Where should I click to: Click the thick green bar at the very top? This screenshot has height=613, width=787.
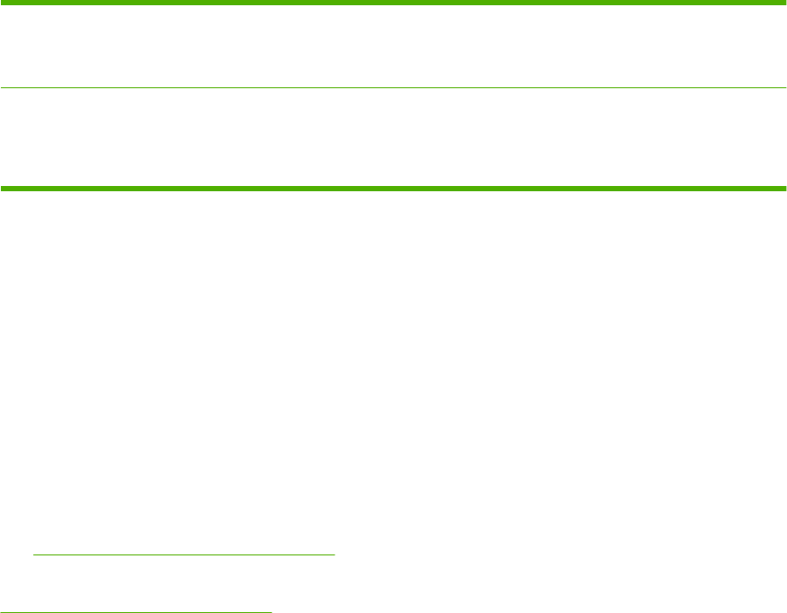coord(393,3)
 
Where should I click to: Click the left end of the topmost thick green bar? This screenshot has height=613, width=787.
coord(3,3)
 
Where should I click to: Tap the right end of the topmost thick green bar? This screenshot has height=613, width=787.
coord(784,3)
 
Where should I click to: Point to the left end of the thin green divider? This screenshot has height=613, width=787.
coord(2,87)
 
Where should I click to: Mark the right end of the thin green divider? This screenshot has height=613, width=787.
coord(784,87)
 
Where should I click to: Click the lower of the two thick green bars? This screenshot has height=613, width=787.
coord(393,188)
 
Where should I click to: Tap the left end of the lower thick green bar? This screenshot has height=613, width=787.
coord(3,188)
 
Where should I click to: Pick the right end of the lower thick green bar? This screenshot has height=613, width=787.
coord(784,188)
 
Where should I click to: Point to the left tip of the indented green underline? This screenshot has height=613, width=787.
coord(33,554)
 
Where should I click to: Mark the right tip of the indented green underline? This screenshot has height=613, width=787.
coord(335,554)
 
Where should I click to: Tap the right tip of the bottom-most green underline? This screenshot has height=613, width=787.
coord(272,611)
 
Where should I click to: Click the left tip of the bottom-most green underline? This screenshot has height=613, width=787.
coord(1,611)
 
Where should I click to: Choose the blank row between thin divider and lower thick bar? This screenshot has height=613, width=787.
coord(393,137)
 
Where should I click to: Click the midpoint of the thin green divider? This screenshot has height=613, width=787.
coord(393,87)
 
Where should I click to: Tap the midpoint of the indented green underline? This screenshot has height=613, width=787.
coord(184,554)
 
